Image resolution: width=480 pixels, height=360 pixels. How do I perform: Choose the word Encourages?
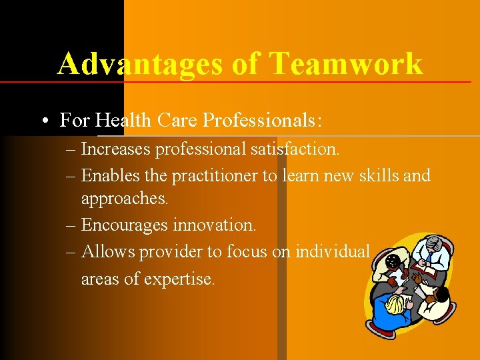125,225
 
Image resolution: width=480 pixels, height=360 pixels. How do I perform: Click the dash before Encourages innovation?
71,225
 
